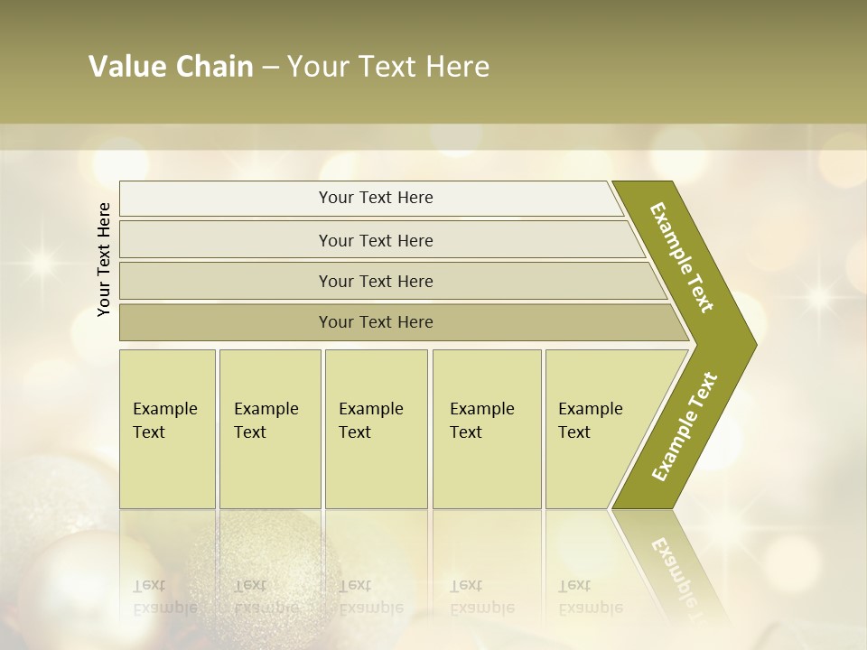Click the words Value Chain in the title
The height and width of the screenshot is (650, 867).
pyautogui.click(x=171, y=67)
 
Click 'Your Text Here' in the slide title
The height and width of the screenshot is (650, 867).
pyautogui.click(x=388, y=67)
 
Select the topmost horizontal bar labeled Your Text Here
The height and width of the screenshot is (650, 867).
pyautogui.click(x=376, y=198)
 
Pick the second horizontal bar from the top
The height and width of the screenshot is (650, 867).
pyautogui.click(x=376, y=240)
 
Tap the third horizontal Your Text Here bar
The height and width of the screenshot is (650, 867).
pyautogui.click(x=376, y=281)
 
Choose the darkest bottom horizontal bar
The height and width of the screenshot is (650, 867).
pyautogui.click(x=376, y=322)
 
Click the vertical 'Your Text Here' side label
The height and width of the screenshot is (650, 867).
pyautogui.click(x=104, y=259)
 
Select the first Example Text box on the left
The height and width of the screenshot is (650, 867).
pyautogui.click(x=167, y=429)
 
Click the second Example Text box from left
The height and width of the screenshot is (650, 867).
pyautogui.click(x=270, y=429)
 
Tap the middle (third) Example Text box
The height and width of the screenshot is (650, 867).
pyautogui.click(x=376, y=429)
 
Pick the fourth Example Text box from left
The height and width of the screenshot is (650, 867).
pyautogui.click(x=487, y=429)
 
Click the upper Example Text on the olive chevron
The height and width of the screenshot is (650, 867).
pyautogui.click(x=682, y=257)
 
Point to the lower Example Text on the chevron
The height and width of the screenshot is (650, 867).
pyautogui.click(x=685, y=426)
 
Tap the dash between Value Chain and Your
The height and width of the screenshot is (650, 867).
pyautogui.click(x=270, y=67)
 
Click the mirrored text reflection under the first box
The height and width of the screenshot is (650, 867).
pyautogui.click(x=164, y=597)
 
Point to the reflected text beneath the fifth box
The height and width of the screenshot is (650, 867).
pyautogui.click(x=590, y=597)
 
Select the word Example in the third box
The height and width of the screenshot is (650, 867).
pyautogui.click(x=370, y=409)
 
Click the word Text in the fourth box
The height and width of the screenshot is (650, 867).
pyautogui.click(x=466, y=432)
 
